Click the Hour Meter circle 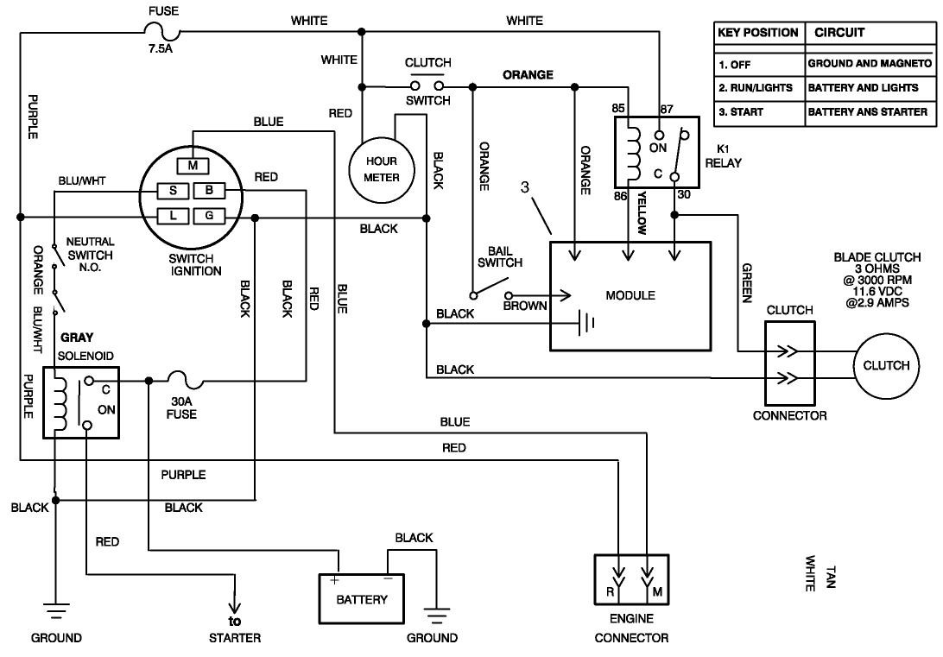pyautogui.click(x=382, y=169)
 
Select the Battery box pyautogui.click(x=362, y=598)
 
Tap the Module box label pyautogui.click(x=630, y=295)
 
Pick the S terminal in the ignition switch pyautogui.click(x=174, y=190)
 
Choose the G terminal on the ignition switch pyautogui.click(x=208, y=215)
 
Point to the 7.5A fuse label pyautogui.click(x=161, y=50)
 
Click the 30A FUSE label pyautogui.click(x=181, y=407)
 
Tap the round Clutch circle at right pyautogui.click(x=886, y=365)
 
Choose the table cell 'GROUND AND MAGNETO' pyautogui.click(x=870, y=64)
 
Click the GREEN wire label pyautogui.click(x=747, y=282)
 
